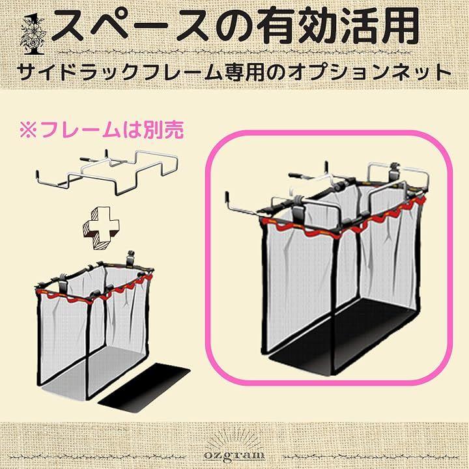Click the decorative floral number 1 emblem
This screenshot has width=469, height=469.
coord(33,36)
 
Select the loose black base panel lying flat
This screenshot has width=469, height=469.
coord(144,388)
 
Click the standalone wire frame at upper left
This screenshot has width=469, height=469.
coord(107,173)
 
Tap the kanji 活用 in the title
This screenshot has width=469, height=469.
coord(381,25)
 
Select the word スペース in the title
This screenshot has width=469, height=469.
coord(130,25)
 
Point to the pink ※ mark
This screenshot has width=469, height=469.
coord(28,130)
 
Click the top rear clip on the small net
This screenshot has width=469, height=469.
coord(131,257)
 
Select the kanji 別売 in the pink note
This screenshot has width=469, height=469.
coord(163,130)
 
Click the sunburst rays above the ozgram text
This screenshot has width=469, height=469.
coord(234,438)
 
